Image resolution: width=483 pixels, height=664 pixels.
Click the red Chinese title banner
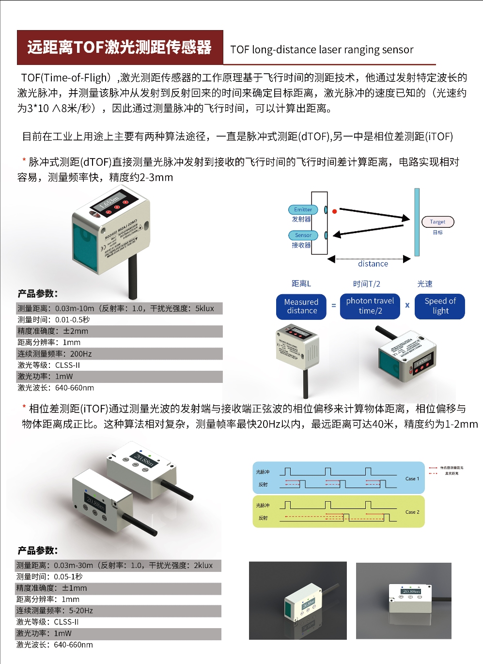(120, 47)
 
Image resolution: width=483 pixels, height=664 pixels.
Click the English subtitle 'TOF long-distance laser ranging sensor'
(322, 50)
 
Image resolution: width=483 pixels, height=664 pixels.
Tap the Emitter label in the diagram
(303, 210)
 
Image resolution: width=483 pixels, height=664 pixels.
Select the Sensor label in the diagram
(303, 236)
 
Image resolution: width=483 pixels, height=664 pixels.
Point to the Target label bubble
(437, 222)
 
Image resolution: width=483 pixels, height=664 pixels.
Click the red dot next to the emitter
(334, 211)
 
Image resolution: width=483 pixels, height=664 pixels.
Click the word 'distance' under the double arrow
(373, 264)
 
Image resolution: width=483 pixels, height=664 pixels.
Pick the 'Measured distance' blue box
(301, 307)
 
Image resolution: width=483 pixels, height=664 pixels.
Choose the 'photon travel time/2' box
(370, 306)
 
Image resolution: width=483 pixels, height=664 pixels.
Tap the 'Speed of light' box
(440, 306)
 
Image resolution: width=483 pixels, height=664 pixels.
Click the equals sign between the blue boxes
(333, 306)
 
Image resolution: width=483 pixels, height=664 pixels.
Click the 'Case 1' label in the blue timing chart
(412, 479)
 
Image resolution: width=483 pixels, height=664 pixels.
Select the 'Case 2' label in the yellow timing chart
(412, 512)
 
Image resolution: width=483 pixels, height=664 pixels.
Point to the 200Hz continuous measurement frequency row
(119, 354)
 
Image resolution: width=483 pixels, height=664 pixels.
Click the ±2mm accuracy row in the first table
(119, 332)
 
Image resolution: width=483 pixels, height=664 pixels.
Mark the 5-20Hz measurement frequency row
(118, 611)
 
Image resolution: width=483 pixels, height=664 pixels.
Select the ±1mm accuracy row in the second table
(118, 588)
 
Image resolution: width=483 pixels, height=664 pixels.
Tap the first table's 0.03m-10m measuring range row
(119, 309)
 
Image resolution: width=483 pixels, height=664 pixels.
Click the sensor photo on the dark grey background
(297, 601)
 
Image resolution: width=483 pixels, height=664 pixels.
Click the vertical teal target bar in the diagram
(417, 222)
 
